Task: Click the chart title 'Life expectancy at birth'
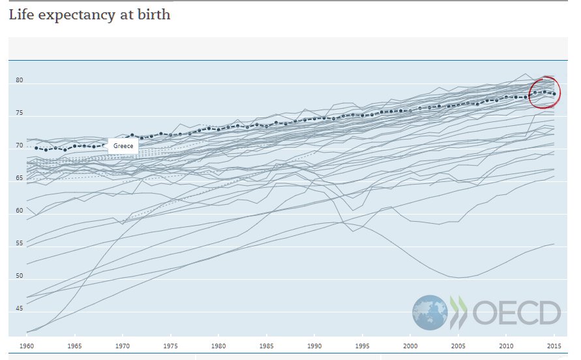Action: coord(89,14)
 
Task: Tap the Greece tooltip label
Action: coord(123,145)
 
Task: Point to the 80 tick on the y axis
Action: coord(20,81)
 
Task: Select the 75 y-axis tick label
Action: coord(20,113)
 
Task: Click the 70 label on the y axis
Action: coord(20,145)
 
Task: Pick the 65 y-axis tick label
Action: coord(20,178)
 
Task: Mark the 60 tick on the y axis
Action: coord(20,211)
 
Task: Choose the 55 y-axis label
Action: coord(20,243)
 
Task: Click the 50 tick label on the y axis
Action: coord(20,276)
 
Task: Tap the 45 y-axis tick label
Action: coord(20,308)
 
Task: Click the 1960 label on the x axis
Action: coord(27,346)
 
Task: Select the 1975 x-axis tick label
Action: coord(171,346)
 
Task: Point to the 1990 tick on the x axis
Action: coord(315,346)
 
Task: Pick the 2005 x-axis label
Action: coord(459,346)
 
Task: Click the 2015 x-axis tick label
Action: coord(555,346)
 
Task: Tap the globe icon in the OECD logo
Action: coord(430,312)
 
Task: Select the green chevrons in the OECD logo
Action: coord(458,312)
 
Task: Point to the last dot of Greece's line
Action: coord(554,94)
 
